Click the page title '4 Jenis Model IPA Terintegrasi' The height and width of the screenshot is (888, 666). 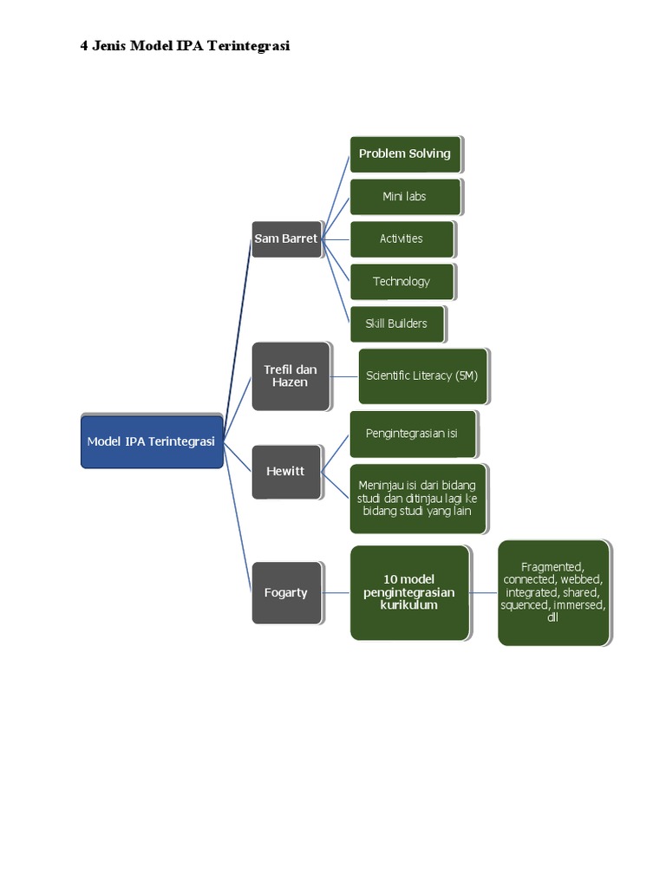pos(185,47)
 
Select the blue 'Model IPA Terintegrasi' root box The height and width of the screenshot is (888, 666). pos(152,441)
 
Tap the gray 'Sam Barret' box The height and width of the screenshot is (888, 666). pos(286,238)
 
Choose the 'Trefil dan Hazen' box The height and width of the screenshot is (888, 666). pos(291,376)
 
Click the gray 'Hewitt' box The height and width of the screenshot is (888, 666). pos(286,472)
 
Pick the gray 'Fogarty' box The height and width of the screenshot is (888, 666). pos(286,593)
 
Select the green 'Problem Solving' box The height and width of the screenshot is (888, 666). pos(405,153)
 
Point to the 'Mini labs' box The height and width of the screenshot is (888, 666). pos(405,197)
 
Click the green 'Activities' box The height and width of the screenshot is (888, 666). pos(402,238)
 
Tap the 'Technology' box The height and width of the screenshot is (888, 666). pos(402,281)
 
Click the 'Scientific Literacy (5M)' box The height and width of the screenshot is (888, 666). pos(422,376)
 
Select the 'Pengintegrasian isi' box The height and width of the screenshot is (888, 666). pos(412,434)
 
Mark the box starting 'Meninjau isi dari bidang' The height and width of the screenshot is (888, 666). pos(417,499)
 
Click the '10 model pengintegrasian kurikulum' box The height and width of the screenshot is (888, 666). pos(409,592)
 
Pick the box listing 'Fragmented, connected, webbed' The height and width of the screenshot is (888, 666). pos(553,592)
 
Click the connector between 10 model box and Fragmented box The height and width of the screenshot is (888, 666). pos(484,592)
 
